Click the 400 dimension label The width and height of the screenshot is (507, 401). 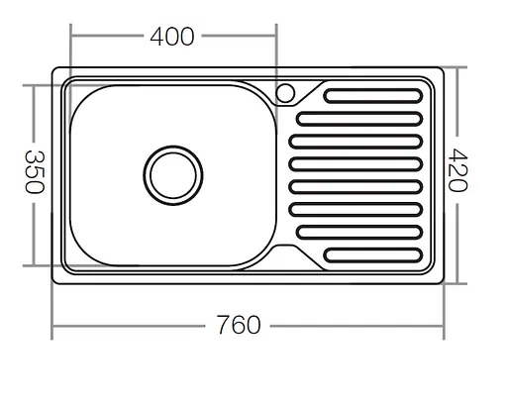tap(172, 37)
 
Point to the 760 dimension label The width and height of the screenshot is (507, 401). tap(238, 324)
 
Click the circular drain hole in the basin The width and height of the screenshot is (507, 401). tap(173, 175)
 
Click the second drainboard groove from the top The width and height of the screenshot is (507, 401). tap(359, 120)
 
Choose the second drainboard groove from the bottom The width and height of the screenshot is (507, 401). tap(359, 232)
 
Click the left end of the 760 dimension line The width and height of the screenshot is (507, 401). tap(52, 324)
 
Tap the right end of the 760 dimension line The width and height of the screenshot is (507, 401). tap(443, 324)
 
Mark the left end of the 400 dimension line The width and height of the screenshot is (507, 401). tap(70, 37)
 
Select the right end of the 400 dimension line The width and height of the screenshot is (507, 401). tap(275, 37)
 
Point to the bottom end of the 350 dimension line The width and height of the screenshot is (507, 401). tap(34, 265)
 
